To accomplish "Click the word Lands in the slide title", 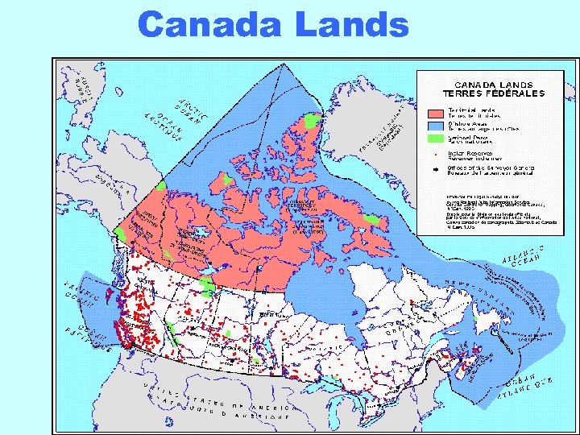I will click(x=352, y=25).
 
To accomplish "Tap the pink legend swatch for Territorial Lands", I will click(x=435, y=114).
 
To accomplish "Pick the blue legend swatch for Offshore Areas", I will click(x=435, y=126).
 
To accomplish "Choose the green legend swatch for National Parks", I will click(x=435, y=139).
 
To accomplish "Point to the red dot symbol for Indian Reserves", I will click(x=436, y=153).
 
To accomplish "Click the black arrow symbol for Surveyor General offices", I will click(x=436, y=170).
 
